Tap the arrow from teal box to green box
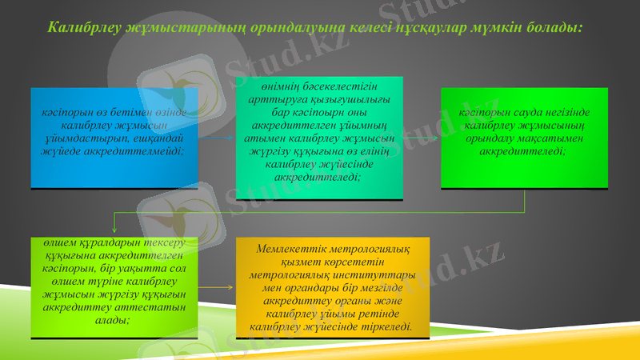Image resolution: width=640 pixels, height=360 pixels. point(421,138)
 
